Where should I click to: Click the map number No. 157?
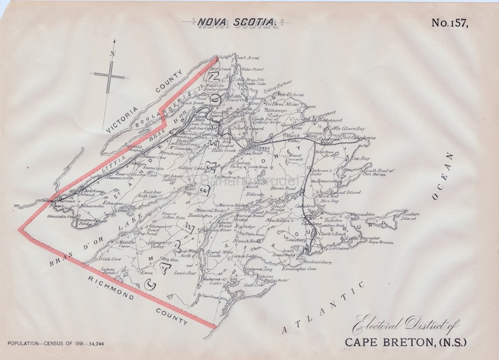(451, 23)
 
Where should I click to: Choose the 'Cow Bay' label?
(361, 159)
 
